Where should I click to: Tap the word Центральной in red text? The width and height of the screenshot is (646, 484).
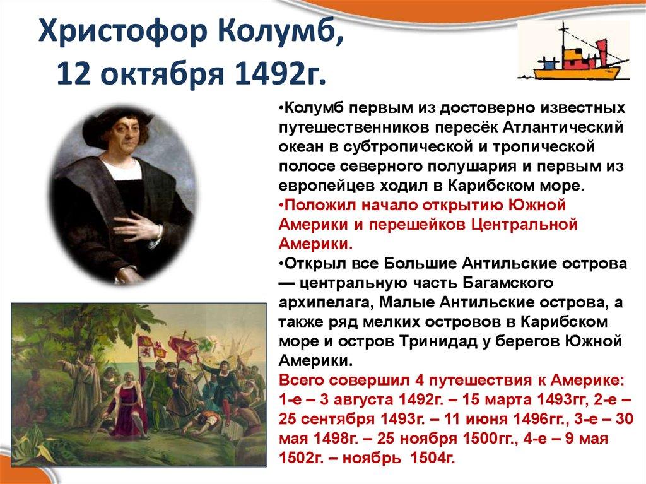[x=516, y=224]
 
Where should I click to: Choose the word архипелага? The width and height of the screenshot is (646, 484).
[x=324, y=302]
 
